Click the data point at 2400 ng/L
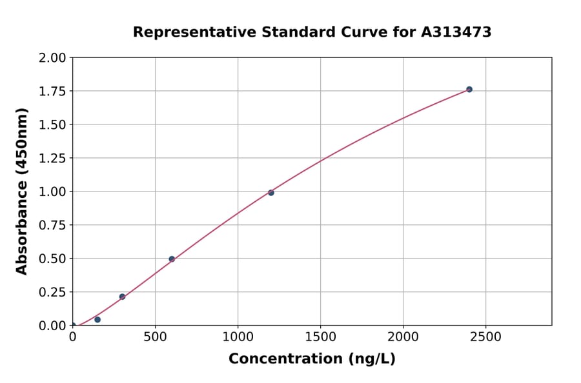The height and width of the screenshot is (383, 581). click(x=469, y=89)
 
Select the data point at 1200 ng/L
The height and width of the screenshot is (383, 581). click(x=271, y=193)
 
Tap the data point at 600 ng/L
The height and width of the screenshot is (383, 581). click(x=172, y=259)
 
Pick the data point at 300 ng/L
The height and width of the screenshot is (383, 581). click(x=122, y=297)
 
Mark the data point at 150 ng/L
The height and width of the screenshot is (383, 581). click(x=97, y=320)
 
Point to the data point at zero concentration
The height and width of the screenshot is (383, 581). click(x=73, y=326)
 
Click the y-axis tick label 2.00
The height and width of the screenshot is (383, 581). click(x=52, y=58)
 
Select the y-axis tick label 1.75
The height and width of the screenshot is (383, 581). click(x=52, y=92)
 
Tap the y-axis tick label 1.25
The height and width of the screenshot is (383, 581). click(x=52, y=158)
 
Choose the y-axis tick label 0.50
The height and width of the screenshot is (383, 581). click(x=52, y=259)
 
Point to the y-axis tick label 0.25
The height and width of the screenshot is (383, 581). click(x=52, y=292)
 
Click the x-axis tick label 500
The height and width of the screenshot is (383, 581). click(x=155, y=337)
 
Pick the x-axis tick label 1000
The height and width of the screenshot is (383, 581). click(x=238, y=337)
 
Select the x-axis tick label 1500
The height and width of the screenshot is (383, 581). click(x=321, y=337)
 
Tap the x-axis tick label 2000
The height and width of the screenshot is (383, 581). click(x=403, y=337)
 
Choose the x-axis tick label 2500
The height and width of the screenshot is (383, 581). click(x=486, y=337)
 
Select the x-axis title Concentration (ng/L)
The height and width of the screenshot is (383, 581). click(x=312, y=359)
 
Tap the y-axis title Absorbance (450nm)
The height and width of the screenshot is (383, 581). click(x=23, y=191)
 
